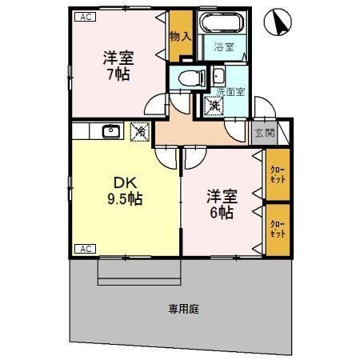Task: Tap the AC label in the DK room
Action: tap(82, 250)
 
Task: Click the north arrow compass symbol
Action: tap(278, 22)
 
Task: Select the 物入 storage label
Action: tap(181, 37)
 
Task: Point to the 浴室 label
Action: tap(224, 47)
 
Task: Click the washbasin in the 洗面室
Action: tap(219, 77)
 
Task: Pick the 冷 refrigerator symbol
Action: tap(140, 130)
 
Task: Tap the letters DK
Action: tap(121, 180)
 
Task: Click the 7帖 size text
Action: tap(117, 74)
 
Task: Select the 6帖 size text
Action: tap(221, 213)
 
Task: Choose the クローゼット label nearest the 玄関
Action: tap(277, 175)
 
